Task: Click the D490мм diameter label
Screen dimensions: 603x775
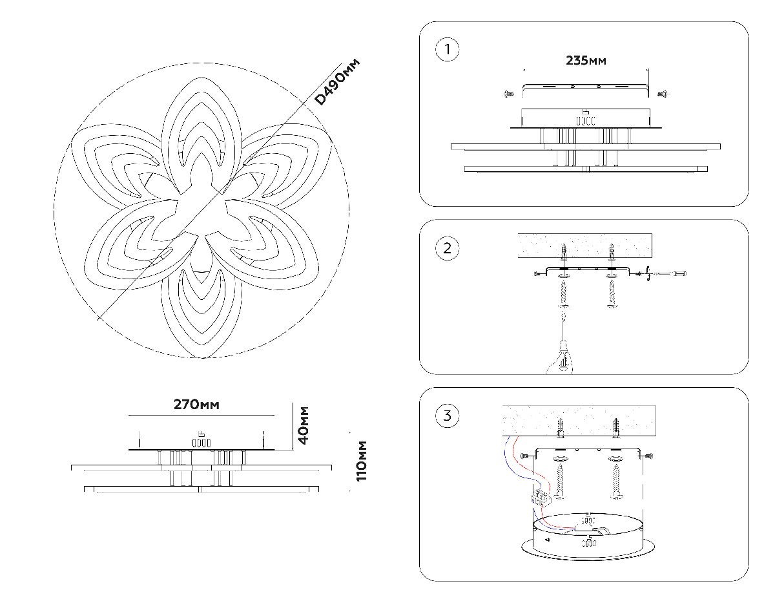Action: pos(336,81)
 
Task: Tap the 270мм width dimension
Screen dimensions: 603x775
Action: pos(196,405)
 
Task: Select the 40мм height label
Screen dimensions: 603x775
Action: pos(303,425)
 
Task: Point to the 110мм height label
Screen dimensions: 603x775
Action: pos(362,460)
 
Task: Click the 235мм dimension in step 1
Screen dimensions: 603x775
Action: pos(586,61)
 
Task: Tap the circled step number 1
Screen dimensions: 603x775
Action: pos(447,50)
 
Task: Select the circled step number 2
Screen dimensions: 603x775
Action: pos(447,249)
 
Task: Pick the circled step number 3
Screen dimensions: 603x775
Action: pos(447,416)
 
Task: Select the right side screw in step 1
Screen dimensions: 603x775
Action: pos(663,94)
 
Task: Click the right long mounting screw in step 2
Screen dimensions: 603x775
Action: pos(611,294)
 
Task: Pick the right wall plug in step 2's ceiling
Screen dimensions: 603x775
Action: pos(611,250)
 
